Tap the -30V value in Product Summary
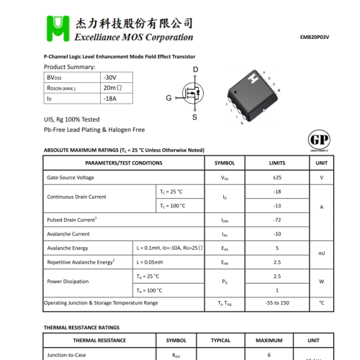[x=109, y=76]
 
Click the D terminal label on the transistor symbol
[x=195, y=69]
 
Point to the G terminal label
[x=168, y=97]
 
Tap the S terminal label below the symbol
[x=194, y=117]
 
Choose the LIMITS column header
[x=277, y=163]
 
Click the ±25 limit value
[x=277, y=177]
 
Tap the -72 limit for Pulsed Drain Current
[x=277, y=220]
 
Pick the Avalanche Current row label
[x=68, y=234]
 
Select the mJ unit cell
[x=321, y=254]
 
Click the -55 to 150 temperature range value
[x=277, y=303]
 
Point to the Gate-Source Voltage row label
[x=71, y=177]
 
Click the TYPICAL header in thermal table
[x=220, y=340]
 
